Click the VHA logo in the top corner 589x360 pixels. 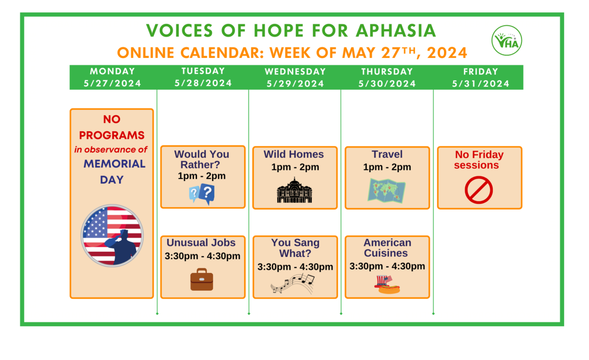[x=507, y=40]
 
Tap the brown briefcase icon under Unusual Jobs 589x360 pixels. [x=202, y=279]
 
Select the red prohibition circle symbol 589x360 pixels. [x=479, y=191]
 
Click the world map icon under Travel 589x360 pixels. [x=387, y=190]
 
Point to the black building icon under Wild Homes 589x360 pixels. [x=294, y=190]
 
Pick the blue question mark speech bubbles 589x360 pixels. [x=202, y=194]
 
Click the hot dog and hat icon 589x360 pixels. [x=387, y=284]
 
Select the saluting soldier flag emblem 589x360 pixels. [x=112, y=235]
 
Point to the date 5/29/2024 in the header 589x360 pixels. [x=295, y=84]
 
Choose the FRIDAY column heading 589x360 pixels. [x=481, y=71]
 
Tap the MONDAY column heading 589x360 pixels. [x=112, y=71]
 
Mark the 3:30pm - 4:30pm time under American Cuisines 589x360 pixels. [x=387, y=266]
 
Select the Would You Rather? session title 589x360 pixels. [x=202, y=159]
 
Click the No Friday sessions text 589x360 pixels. [x=479, y=160]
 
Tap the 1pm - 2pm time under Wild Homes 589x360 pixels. [x=295, y=167]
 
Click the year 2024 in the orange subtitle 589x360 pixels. [x=447, y=53]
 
